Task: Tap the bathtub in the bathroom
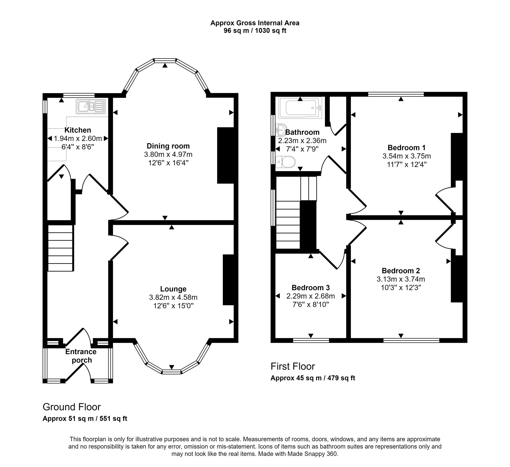coord(300,108)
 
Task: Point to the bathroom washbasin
coord(280,130)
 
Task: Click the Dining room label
coord(168,146)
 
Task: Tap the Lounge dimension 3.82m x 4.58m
coord(173,297)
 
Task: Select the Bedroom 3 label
coord(310,288)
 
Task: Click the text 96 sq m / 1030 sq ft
coord(255,31)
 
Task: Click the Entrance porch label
coord(81,356)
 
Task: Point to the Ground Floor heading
coord(71,407)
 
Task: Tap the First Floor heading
coord(292,366)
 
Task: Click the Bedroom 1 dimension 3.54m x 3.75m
coord(407,156)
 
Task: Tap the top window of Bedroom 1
coord(396,94)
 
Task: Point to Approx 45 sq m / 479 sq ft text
coord(313,378)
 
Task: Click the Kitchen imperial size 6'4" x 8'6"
coord(78,147)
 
